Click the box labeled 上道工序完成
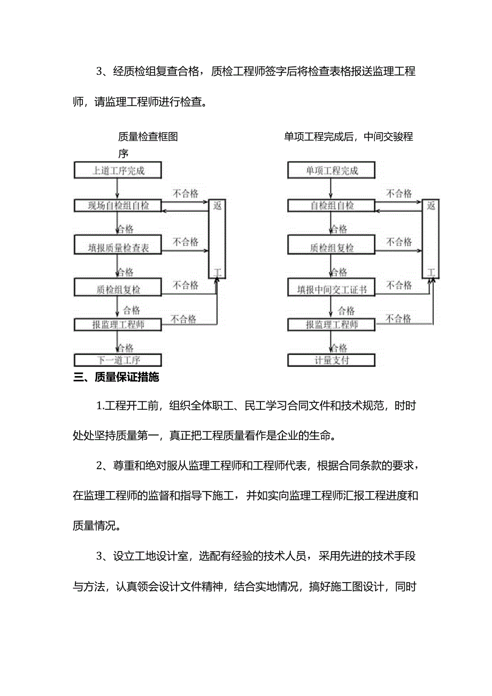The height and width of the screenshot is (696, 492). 118,171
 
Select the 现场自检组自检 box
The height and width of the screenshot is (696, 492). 118,205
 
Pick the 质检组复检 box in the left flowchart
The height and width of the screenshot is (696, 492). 118,289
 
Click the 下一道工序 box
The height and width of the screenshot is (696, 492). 118,360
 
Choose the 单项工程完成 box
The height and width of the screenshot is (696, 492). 332,171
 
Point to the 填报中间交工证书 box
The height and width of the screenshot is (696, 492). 332,289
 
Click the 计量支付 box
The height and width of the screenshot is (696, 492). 332,360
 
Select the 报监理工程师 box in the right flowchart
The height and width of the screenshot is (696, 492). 332,324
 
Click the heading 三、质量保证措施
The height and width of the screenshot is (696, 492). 116,377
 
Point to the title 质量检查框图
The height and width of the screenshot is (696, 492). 148,137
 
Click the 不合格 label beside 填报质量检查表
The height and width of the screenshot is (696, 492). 186,242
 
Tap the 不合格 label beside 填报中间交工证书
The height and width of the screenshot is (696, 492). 399,285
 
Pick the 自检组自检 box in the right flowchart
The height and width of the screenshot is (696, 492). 332,205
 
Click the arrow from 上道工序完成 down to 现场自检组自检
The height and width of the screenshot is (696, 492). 117,188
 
